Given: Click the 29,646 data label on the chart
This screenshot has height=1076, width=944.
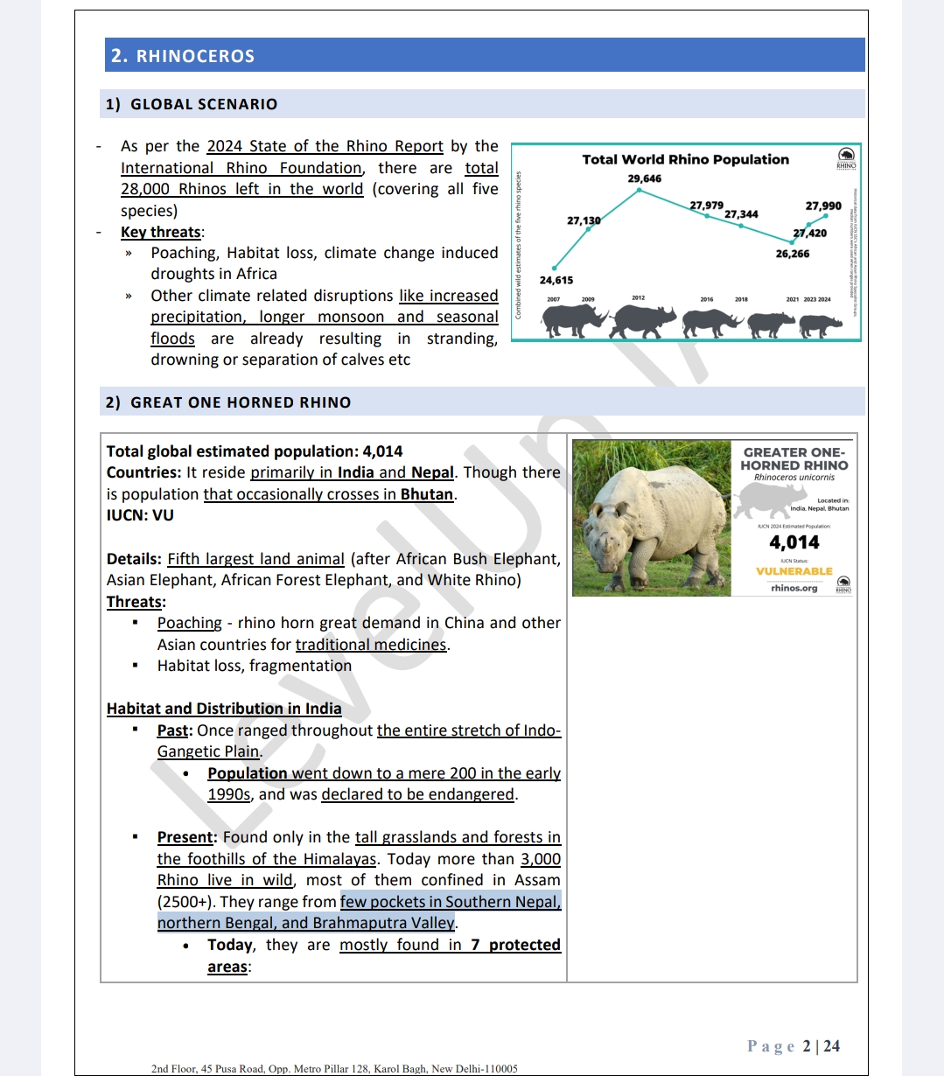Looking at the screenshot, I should pyautogui.click(x=645, y=178).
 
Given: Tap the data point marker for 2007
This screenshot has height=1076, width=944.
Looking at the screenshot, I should pyautogui.click(x=554, y=268).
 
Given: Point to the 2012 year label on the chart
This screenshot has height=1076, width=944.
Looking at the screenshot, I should pyautogui.click(x=638, y=298).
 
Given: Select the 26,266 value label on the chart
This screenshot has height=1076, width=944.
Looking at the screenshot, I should pyautogui.click(x=793, y=254).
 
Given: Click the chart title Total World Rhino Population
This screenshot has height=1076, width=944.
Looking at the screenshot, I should pyautogui.click(x=685, y=159).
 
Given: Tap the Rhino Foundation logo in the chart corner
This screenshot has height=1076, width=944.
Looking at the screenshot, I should pyautogui.click(x=846, y=157).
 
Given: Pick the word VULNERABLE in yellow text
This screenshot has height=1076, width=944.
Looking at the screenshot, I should pyautogui.click(x=794, y=571).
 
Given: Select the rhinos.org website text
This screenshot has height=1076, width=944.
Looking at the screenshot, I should pyautogui.click(x=794, y=588).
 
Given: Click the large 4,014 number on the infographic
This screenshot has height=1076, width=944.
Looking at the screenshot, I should pyautogui.click(x=794, y=542).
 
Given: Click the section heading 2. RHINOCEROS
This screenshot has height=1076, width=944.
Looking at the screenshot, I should pyautogui.click(x=183, y=56).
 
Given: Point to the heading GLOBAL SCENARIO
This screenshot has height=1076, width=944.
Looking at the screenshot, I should pyautogui.click(x=204, y=104).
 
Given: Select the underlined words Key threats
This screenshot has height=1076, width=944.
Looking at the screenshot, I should pyautogui.click(x=161, y=232).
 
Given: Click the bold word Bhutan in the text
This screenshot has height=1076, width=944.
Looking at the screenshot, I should pyautogui.click(x=427, y=494).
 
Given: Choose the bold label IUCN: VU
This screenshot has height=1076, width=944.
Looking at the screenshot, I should pyautogui.click(x=140, y=515).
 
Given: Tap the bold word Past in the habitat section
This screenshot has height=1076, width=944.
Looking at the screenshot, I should pyautogui.click(x=172, y=730).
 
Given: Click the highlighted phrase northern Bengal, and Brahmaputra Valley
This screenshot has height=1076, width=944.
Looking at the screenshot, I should pyautogui.click(x=306, y=923).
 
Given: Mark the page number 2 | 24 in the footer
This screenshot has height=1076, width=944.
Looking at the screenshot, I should pyautogui.click(x=821, y=1046).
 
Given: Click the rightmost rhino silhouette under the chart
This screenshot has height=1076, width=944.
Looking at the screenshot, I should pyautogui.click(x=820, y=325).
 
